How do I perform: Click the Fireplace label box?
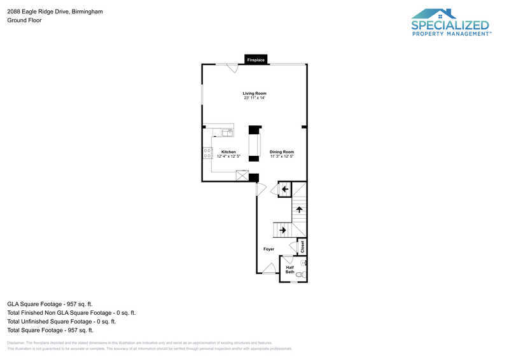(256, 60)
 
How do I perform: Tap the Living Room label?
(254, 93)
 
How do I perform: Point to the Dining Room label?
(281, 152)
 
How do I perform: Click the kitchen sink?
(227, 132)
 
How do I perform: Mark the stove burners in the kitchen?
(207, 153)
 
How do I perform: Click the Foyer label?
(269, 249)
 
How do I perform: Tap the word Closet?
(302, 246)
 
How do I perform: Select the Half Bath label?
(289, 270)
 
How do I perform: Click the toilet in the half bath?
(300, 274)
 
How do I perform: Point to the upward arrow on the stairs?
(298, 209)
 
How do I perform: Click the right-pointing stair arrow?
(282, 230)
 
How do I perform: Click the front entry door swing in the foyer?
(269, 268)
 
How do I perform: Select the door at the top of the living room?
(232, 67)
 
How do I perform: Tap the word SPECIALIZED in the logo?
(450, 25)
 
